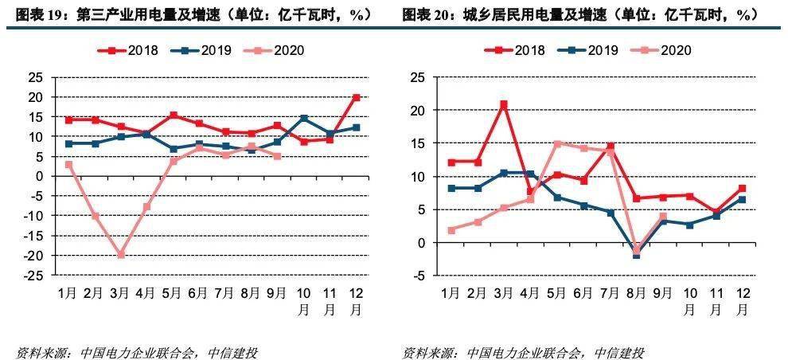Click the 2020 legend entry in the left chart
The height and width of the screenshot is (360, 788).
point(279,50)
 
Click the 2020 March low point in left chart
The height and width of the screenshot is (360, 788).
point(121,255)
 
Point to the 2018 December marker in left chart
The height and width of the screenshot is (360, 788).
point(356,97)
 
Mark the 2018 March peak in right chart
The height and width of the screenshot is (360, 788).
point(504,104)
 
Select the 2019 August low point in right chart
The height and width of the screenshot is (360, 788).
point(636,255)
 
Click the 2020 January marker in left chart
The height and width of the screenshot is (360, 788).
point(69,164)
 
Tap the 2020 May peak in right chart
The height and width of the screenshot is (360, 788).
point(557,143)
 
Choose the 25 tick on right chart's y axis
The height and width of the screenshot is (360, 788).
point(419,77)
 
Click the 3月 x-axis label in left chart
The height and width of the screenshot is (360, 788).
point(121,293)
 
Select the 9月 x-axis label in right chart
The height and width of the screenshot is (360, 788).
point(662,293)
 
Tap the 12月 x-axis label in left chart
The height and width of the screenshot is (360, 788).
point(356,299)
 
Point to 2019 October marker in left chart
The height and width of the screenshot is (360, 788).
point(303,118)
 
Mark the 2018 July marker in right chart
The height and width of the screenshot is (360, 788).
point(610,147)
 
